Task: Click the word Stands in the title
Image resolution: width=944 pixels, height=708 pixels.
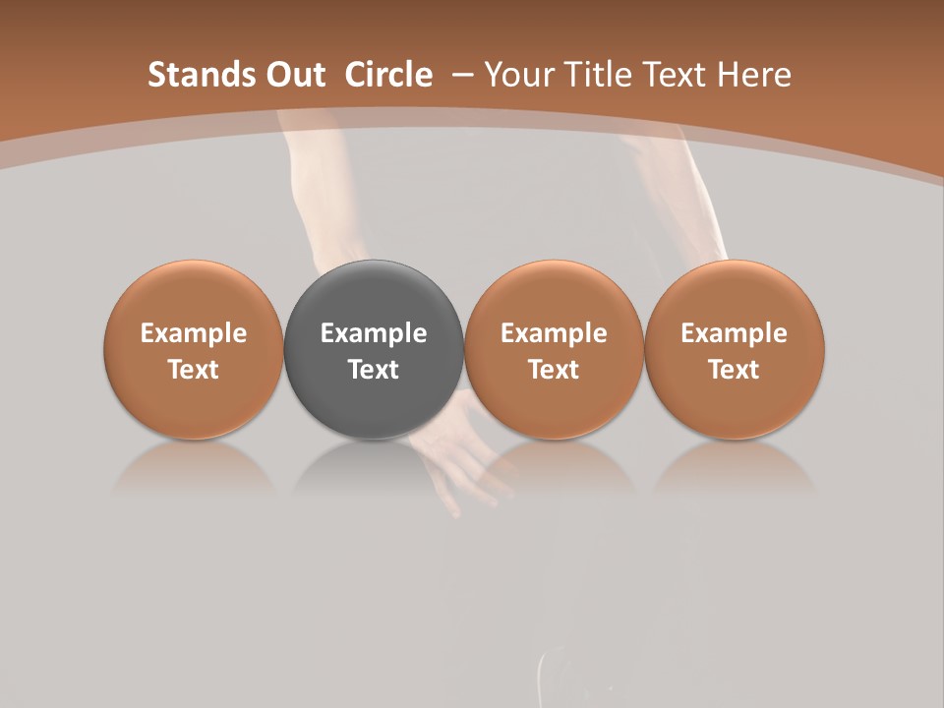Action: click(x=194, y=75)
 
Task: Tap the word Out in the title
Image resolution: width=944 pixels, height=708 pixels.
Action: click(x=292, y=75)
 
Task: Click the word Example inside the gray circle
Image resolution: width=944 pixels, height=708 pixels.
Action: click(x=374, y=333)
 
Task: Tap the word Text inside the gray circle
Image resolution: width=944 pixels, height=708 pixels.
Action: click(x=374, y=370)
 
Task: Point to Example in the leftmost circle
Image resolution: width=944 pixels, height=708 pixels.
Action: click(x=194, y=333)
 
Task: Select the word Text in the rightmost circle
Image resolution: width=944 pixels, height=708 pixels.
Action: click(x=734, y=370)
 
